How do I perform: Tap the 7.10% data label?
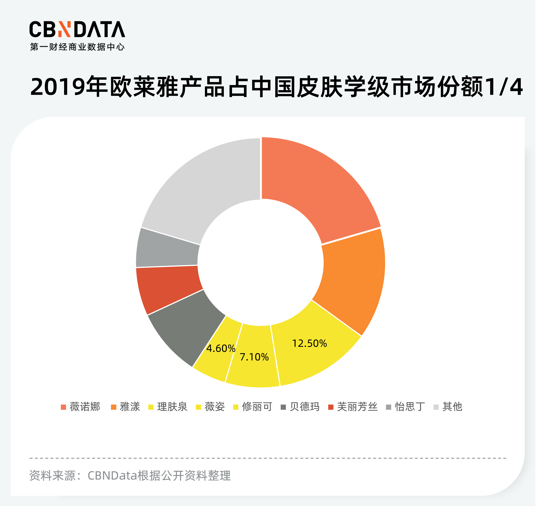pyautogui.click(x=254, y=357)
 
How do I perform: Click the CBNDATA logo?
pyautogui.click(x=77, y=29)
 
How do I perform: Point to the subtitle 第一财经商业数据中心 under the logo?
pyautogui.click(x=77, y=47)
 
